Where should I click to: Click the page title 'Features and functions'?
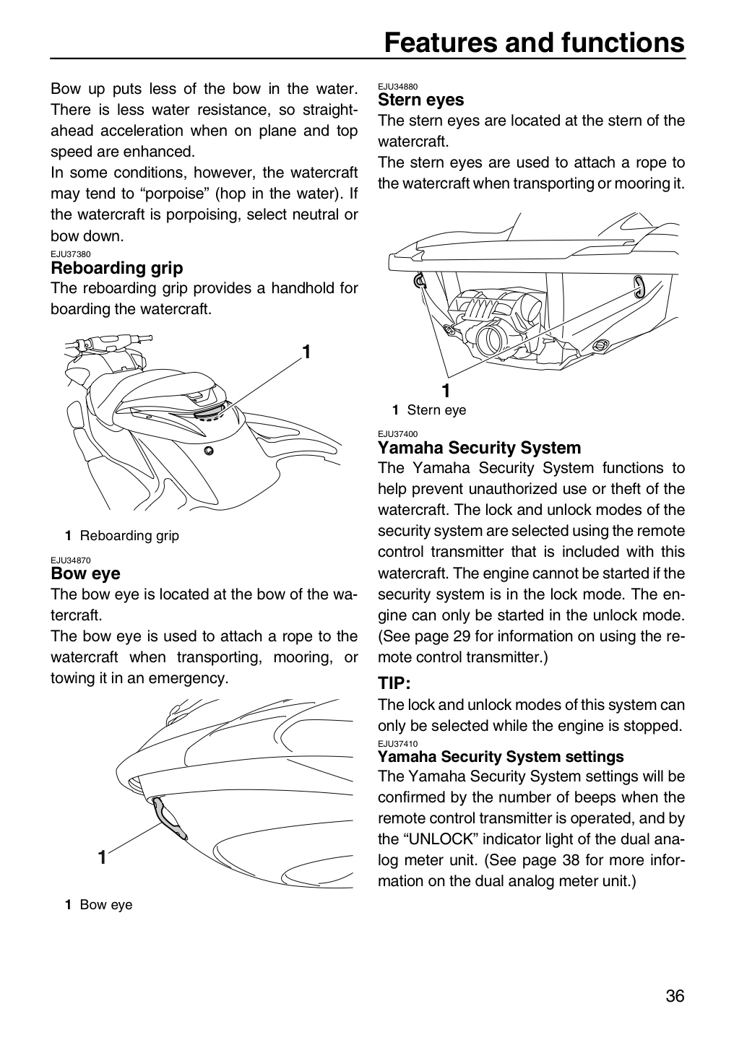click(x=534, y=42)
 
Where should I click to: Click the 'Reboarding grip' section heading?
click(x=116, y=268)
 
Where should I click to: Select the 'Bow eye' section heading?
click(x=85, y=573)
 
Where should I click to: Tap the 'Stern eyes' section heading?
click(x=421, y=100)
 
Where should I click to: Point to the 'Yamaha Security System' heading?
click(x=480, y=448)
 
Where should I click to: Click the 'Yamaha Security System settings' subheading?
click(x=501, y=756)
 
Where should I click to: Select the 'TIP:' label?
click(x=394, y=683)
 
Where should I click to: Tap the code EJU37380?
click(x=71, y=254)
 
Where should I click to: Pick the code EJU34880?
click(x=397, y=87)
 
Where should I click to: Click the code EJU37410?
click(x=397, y=744)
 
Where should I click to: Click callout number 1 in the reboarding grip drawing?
click(x=306, y=352)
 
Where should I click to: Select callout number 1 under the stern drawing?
click(x=446, y=391)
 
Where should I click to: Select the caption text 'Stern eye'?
click(x=436, y=410)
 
